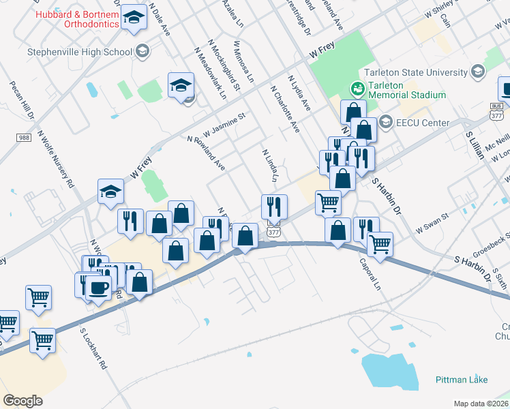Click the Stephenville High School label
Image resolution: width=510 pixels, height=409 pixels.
tap(79, 51)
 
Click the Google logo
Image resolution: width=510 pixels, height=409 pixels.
tap(22, 401)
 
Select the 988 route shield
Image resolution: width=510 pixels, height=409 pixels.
tap(23, 138)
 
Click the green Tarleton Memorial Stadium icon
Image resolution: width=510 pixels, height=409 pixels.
tap(356, 89)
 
